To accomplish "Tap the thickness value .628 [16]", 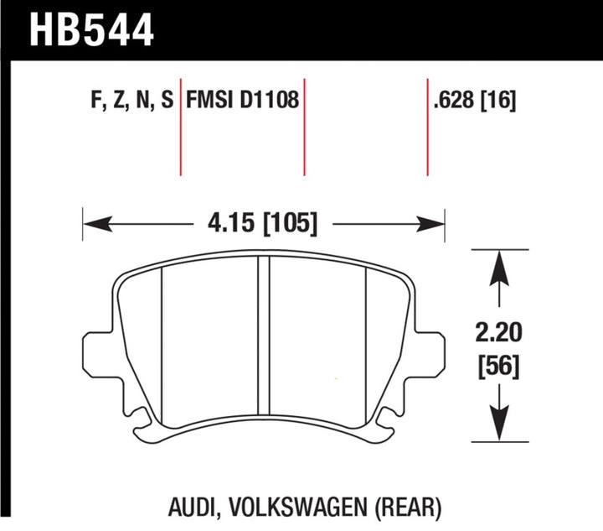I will pos(474,102).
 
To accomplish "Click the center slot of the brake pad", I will pos(264,336).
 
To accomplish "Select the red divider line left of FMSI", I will pos(181,126).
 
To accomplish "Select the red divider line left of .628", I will pos(427,126).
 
